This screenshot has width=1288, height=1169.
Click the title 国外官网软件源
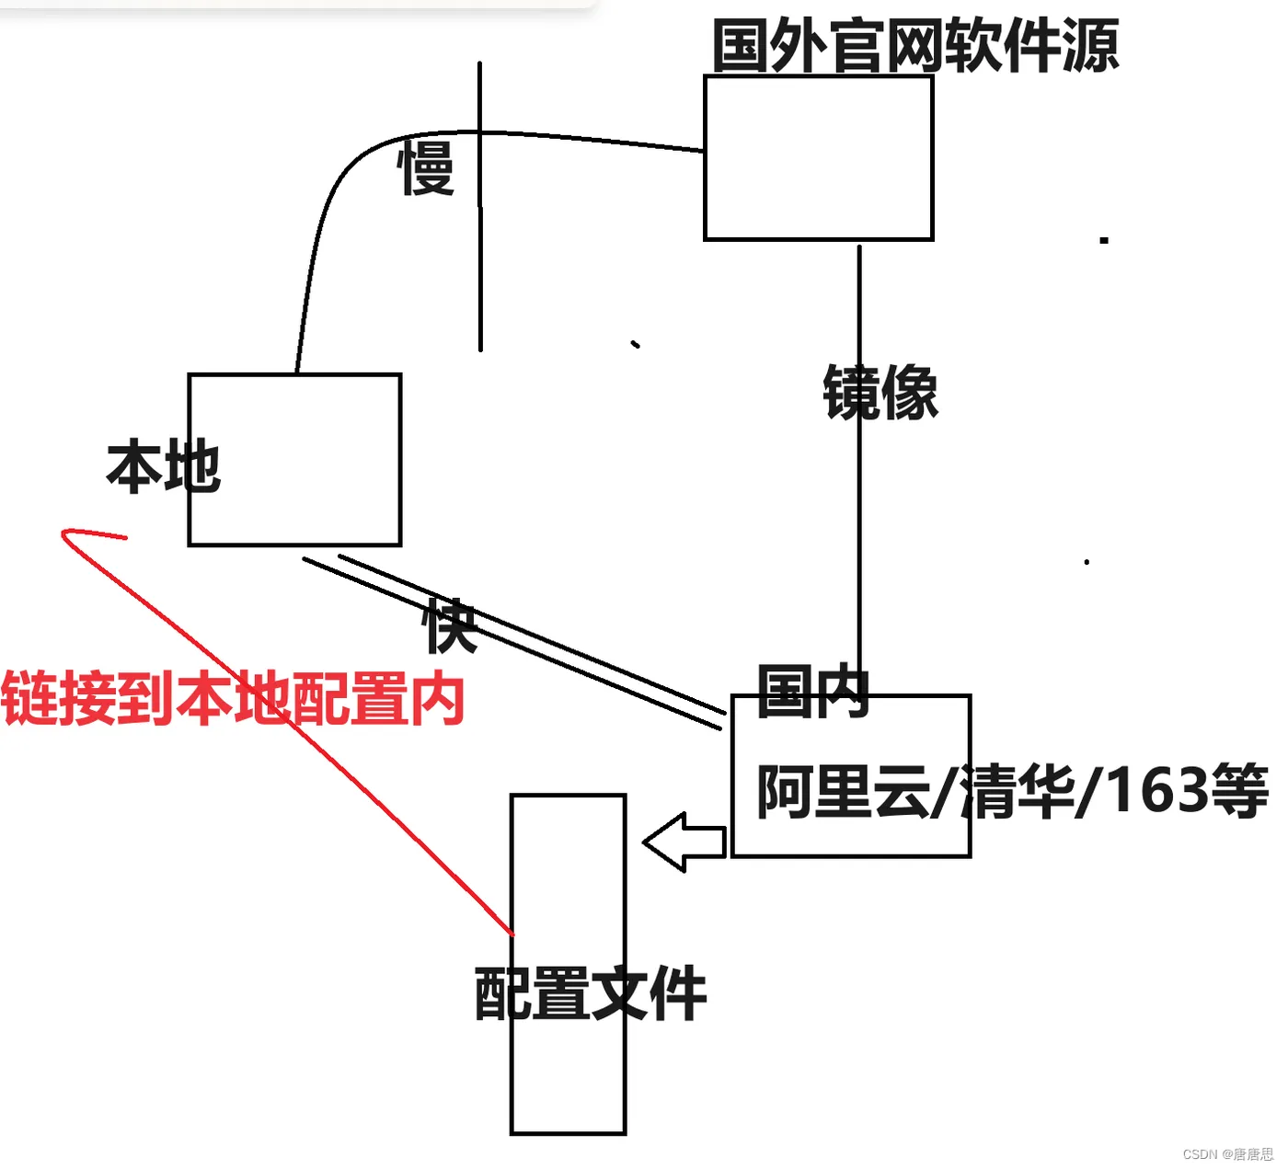pos(915,46)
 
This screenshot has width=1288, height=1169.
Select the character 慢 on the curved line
pos(426,168)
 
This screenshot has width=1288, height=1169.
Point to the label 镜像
pos(880,393)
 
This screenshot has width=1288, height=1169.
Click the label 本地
pos(164,466)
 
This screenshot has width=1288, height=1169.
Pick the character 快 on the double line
pos(451,626)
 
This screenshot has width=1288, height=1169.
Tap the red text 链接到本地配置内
pos(233,699)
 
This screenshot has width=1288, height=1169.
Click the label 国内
pos(813,692)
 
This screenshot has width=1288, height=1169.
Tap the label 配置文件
pos(591,993)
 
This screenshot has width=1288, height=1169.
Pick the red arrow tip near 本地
pos(64,533)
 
